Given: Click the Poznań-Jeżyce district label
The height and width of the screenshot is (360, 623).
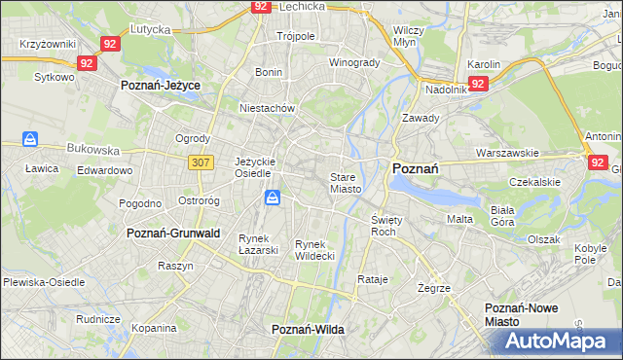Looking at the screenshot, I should [x=160, y=86].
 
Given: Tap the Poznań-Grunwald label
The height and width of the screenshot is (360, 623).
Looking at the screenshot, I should [x=173, y=234].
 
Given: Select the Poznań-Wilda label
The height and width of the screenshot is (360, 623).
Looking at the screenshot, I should [x=308, y=330].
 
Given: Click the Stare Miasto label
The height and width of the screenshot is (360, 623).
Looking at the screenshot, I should [x=346, y=183].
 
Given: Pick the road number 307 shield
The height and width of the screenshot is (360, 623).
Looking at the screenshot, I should [x=201, y=162].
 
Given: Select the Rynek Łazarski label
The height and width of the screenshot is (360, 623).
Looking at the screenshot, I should [x=258, y=244].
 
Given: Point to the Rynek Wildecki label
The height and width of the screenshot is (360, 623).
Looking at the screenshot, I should [x=314, y=250].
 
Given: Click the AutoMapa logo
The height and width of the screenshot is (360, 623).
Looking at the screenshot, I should [x=556, y=342].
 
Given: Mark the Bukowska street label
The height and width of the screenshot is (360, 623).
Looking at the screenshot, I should [x=92, y=151].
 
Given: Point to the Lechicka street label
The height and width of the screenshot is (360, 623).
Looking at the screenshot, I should [x=301, y=6].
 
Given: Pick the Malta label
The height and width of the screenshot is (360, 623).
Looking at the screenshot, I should [x=459, y=219].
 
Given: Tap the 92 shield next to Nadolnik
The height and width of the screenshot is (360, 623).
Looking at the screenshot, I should [x=477, y=84].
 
